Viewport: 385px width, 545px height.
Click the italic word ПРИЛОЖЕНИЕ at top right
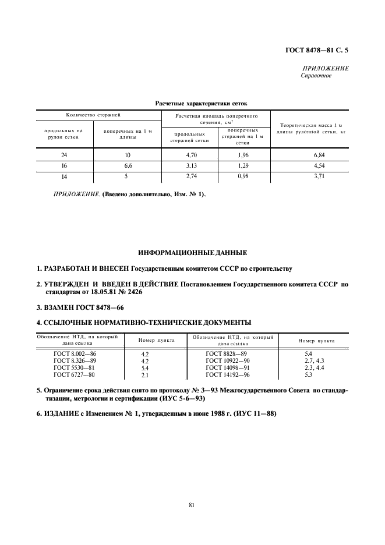click(326, 68)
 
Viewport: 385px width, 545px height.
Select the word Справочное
click(316, 75)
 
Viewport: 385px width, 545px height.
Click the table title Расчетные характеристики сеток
click(192, 104)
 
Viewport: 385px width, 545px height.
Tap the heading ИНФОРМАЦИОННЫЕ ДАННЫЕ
click(192, 253)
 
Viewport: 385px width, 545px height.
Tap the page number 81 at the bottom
click(192, 504)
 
